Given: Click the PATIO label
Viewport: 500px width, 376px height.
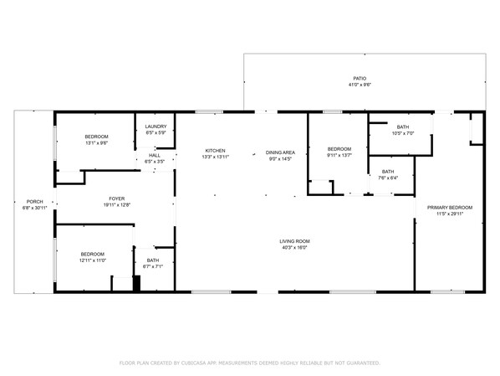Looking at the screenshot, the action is [360, 78].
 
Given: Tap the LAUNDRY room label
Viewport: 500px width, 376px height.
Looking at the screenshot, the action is [156, 126].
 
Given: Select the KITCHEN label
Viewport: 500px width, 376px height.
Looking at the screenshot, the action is [215, 151].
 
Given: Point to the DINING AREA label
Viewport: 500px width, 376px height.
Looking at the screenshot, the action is [280, 152].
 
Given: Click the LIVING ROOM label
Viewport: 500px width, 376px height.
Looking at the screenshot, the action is [294, 241].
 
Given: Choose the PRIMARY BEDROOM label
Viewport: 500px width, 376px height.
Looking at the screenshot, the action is [450, 208].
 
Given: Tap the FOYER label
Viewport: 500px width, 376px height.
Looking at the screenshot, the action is [117, 198].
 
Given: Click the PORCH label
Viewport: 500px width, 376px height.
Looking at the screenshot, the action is [34, 202].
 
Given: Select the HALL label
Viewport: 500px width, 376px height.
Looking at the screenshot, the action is [155, 156].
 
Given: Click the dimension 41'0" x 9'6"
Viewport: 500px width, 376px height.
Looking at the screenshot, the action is [360, 85].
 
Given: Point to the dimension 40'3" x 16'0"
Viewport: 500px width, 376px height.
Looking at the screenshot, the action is [294, 247].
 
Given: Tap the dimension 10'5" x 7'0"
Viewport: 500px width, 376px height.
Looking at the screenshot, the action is [403, 133].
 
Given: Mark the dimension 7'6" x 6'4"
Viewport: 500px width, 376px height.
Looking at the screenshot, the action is [388, 178].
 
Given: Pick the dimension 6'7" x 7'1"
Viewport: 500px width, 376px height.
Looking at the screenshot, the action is [153, 266].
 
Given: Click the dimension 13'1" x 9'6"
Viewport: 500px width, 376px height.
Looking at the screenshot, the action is [96, 143].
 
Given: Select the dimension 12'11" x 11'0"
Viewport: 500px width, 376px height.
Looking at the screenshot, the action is [93, 260].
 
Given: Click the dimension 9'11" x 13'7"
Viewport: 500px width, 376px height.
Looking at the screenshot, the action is [339, 155].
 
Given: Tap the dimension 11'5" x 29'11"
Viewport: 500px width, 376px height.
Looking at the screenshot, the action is [450, 214].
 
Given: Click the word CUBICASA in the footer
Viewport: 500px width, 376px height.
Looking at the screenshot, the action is [194, 363].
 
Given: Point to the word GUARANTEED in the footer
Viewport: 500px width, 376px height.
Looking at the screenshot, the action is [363, 363].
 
